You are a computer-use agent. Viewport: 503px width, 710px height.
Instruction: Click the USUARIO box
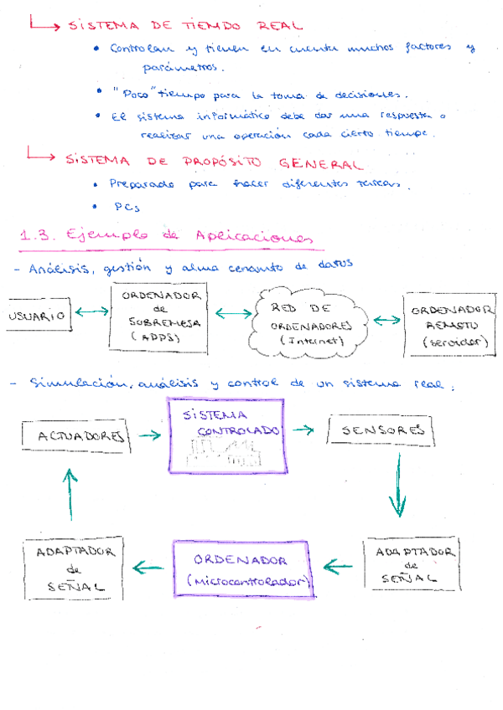(x=37, y=316)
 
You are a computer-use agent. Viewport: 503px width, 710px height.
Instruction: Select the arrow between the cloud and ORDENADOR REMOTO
(x=386, y=320)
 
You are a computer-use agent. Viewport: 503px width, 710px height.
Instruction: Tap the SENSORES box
(x=381, y=430)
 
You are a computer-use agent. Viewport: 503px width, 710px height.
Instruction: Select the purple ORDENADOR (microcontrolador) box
(x=241, y=569)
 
